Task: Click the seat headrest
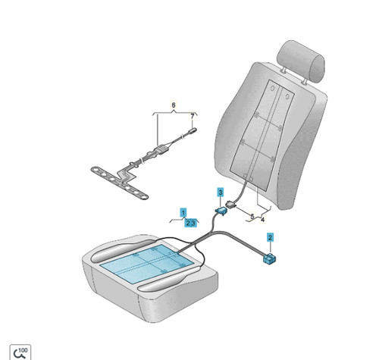pos(301,62)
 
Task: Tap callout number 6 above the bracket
pos(174,105)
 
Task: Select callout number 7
pos(193,117)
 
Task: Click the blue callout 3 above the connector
pos(221,193)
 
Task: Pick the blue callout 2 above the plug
pos(270,237)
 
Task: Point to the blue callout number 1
pos(183,212)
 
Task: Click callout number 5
pos(252,216)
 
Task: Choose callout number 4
pos(262,219)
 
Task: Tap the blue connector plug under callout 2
pos(269,258)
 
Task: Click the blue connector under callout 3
pos(221,211)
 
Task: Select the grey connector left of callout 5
pos(231,204)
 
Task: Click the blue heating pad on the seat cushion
pos(147,263)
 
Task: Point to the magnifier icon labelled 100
pos(20,352)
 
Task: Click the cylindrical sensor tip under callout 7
pos(193,131)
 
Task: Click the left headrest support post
pos(283,70)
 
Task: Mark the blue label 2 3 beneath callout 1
pos(191,223)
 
